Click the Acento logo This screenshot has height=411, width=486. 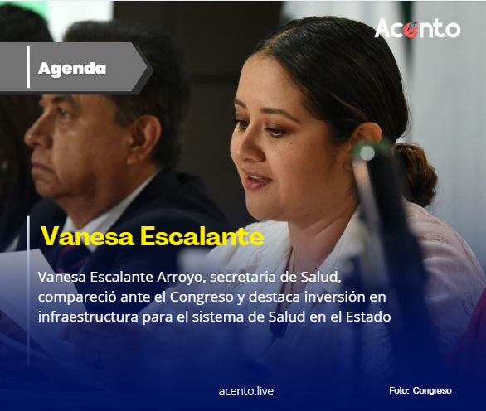[416, 28]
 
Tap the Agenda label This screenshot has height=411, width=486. [72, 68]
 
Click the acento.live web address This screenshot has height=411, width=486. [245, 390]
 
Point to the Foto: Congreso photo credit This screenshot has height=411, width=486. [420, 390]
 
